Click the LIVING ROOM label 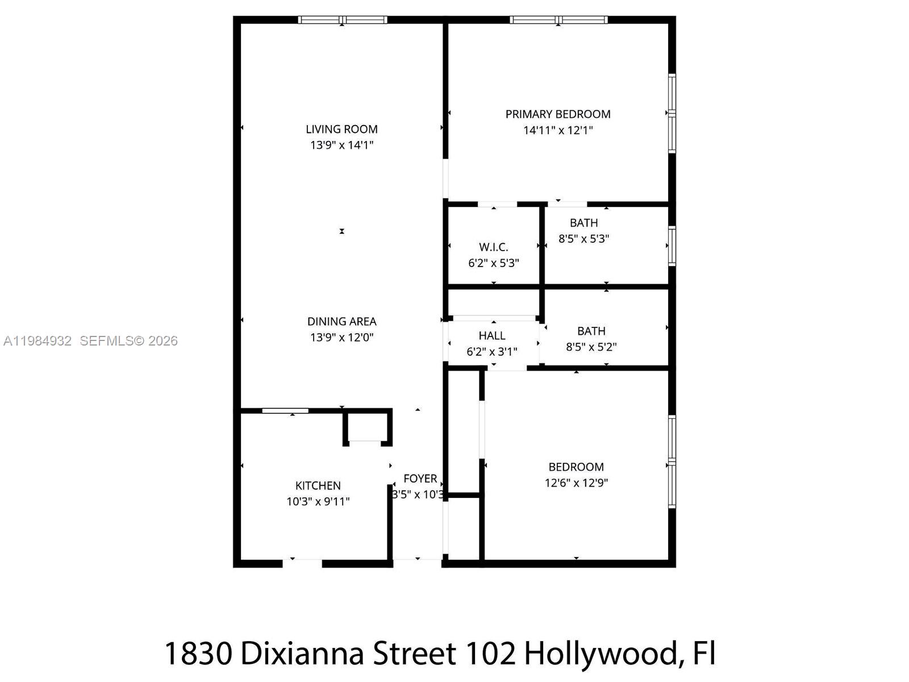pos(341,129)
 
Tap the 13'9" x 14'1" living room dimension pos(341,145)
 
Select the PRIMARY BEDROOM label pos(558,114)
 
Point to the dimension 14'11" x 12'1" pos(558,130)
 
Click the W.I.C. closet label pos(493,247)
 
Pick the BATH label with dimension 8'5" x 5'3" pos(584,223)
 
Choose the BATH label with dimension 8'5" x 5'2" pos(591,331)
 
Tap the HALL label pos(492,336)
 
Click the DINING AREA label pos(341,322)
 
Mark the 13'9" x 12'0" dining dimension pos(341,338)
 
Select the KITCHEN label pos(318,486)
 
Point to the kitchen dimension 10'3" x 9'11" pos(318,502)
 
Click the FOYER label pos(420,479)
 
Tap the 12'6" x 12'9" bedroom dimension pos(576,483)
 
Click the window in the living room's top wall pos(343,20)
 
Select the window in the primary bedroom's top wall pos(558,20)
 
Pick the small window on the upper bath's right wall pos(672,246)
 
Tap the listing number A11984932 pos(37,341)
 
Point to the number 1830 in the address pos(198,654)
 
